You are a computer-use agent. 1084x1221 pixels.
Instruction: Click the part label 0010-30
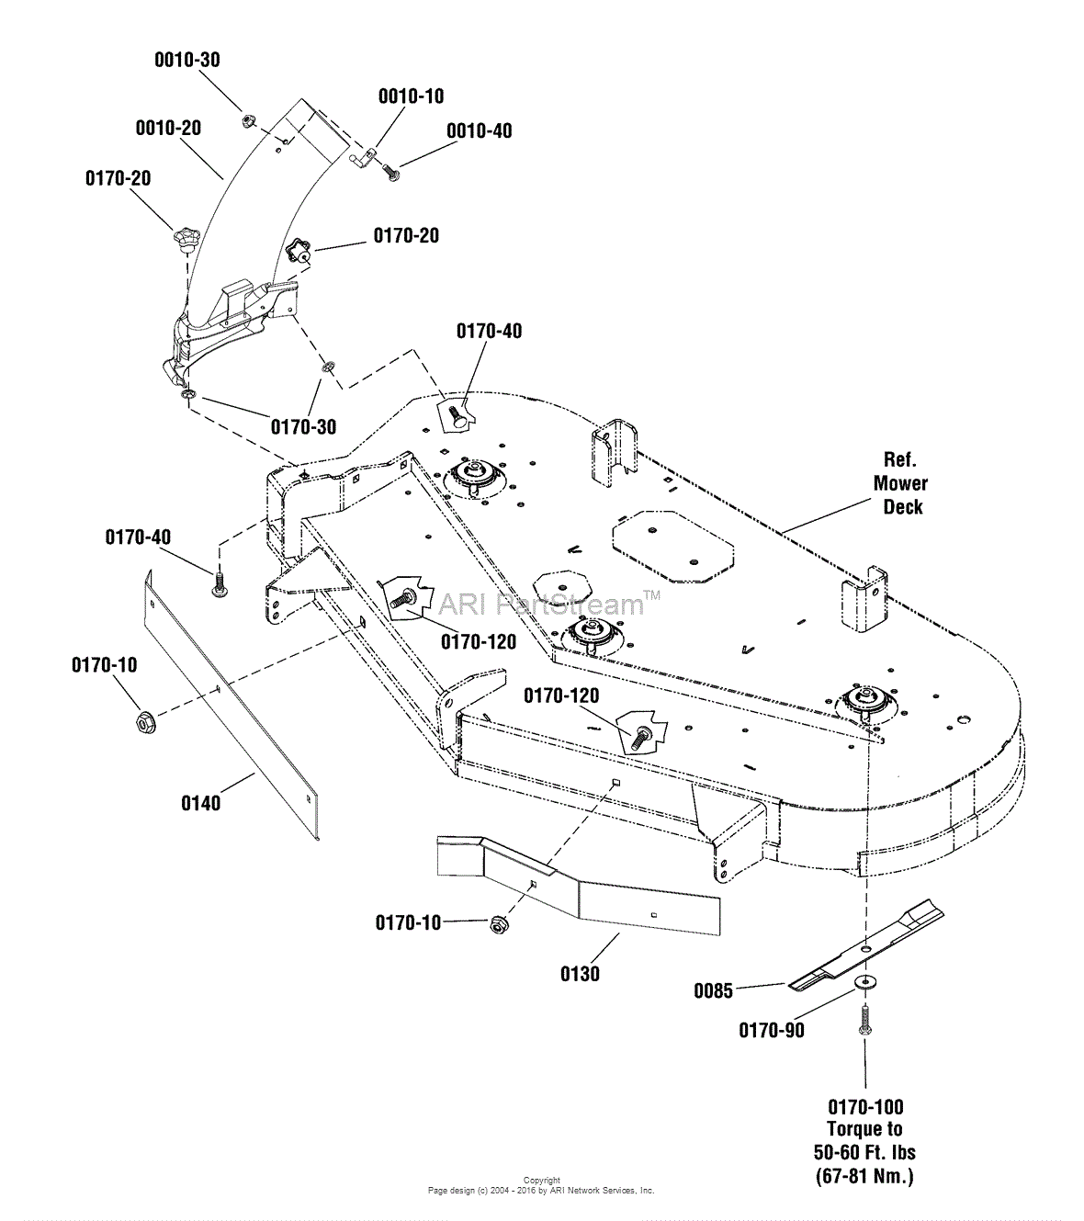pyautogui.click(x=186, y=61)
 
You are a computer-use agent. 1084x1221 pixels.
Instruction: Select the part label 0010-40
pyautogui.click(x=479, y=131)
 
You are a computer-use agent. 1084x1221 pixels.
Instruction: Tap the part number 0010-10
pyautogui.click(x=410, y=96)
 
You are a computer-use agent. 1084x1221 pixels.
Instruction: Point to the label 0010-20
pyautogui.click(x=168, y=129)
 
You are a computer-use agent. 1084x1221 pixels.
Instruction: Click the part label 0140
pyautogui.click(x=200, y=804)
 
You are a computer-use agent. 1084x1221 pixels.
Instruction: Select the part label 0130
pyautogui.click(x=580, y=974)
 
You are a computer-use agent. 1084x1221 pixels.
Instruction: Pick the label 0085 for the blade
pyautogui.click(x=713, y=991)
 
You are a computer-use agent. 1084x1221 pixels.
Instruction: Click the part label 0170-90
pyautogui.click(x=772, y=1031)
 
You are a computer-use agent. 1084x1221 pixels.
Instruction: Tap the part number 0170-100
pyautogui.click(x=865, y=1107)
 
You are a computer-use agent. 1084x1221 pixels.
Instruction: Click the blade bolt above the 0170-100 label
pyautogui.click(x=865, y=1019)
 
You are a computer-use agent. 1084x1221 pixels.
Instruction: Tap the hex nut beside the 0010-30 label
pyautogui.click(x=247, y=120)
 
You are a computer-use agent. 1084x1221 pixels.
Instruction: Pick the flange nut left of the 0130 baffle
pyautogui.click(x=497, y=923)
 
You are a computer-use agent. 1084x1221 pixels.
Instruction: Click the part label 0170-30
pyautogui.click(x=302, y=427)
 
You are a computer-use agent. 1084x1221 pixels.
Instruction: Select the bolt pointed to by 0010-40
pyautogui.click(x=390, y=173)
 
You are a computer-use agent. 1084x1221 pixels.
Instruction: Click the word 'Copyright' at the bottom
pyautogui.click(x=541, y=1181)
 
